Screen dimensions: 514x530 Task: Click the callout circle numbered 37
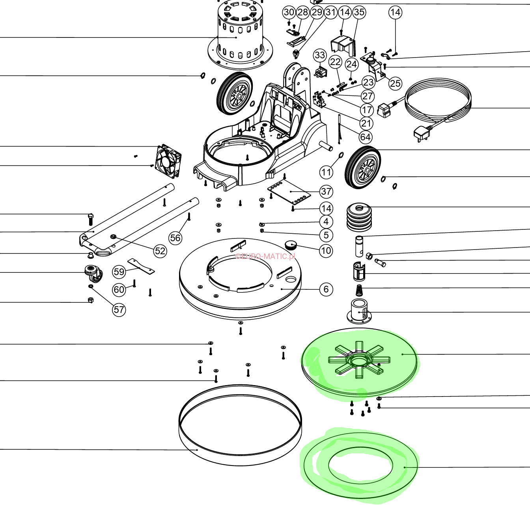pyautogui.click(x=326, y=192)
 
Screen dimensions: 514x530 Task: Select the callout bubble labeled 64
pyautogui.click(x=365, y=137)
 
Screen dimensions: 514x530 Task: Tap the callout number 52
pyautogui.click(x=160, y=251)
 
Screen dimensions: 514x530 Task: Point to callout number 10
pyautogui.click(x=326, y=251)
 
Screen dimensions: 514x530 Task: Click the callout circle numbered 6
pyautogui.click(x=326, y=289)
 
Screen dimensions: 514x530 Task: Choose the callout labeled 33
pyautogui.click(x=320, y=56)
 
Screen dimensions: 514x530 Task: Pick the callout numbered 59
pyautogui.click(x=119, y=272)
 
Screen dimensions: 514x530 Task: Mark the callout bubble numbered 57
pyautogui.click(x=119, y=309)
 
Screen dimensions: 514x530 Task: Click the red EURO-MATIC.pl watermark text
pyautogui.click(x=265, y=256)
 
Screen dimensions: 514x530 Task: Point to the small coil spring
pyautogui.click(x=359, y=291)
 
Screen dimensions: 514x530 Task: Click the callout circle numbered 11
pyautogui.click(x=326, y=172)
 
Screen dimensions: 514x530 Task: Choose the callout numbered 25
pyautogui.click(x=395, y=83)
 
